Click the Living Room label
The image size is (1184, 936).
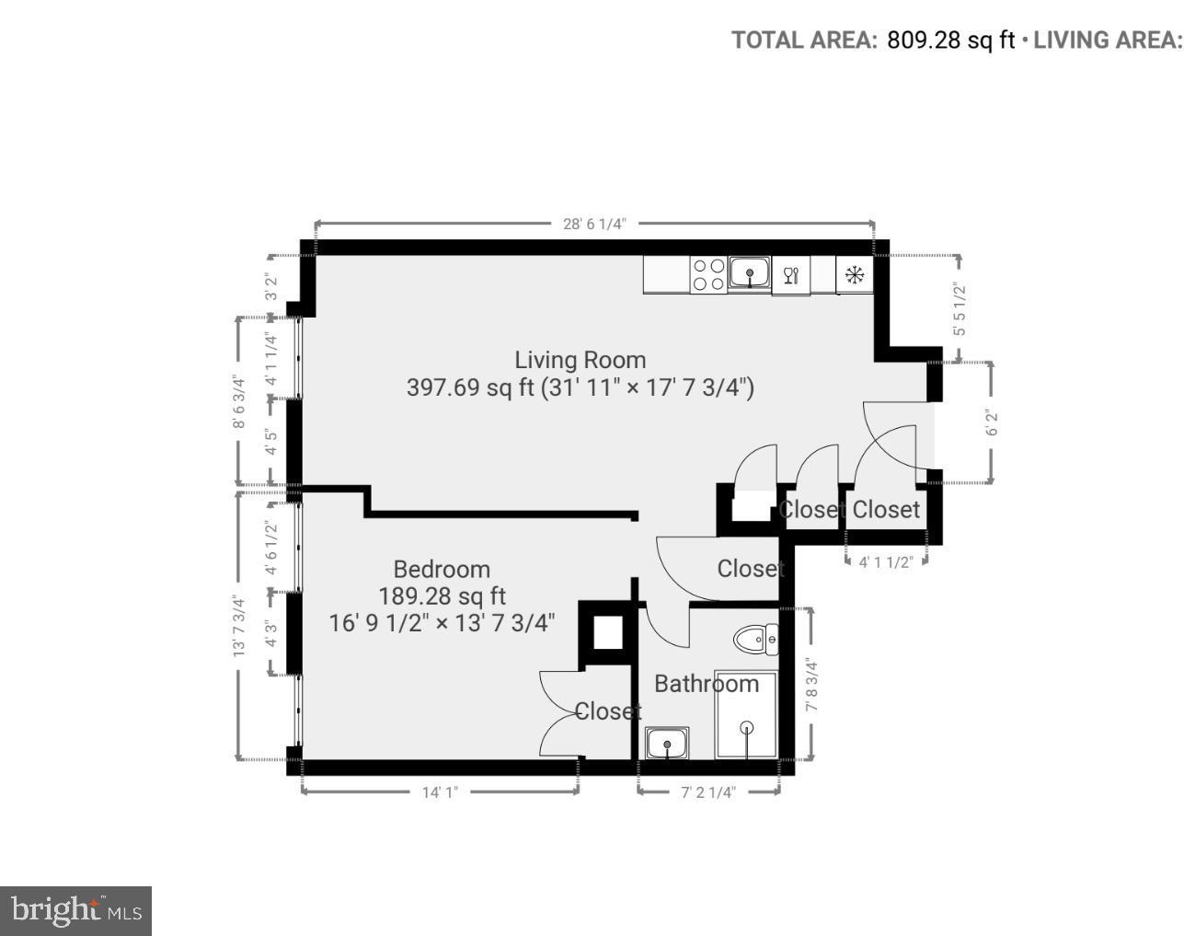(x=580, y=360)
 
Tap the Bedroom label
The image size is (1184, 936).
(x=442, y=569)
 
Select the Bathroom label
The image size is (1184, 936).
(x=707, y=684)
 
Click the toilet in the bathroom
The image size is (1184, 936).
(x=756, y=639)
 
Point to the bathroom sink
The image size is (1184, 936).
(x=667, y=743)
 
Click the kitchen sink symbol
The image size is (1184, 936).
(x=750, y=273)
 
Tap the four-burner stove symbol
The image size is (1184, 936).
(x=707, y=274)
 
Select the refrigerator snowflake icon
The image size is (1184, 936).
(x=855, y=274)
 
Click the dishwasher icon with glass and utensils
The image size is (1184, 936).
(x=790, y=274)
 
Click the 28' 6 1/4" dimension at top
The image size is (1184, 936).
(x=594, y=223)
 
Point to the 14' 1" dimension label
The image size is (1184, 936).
(x=440, y=792)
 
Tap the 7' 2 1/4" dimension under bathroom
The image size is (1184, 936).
(x=708, y=792)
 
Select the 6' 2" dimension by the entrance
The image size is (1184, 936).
(x=991, y=422)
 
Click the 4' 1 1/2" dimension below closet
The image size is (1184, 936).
(x=885, y=561)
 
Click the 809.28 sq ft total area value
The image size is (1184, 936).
(x=950, y=40)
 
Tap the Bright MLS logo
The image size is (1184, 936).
(x=75, y=911)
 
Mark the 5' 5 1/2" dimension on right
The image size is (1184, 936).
(x=960, y=308)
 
